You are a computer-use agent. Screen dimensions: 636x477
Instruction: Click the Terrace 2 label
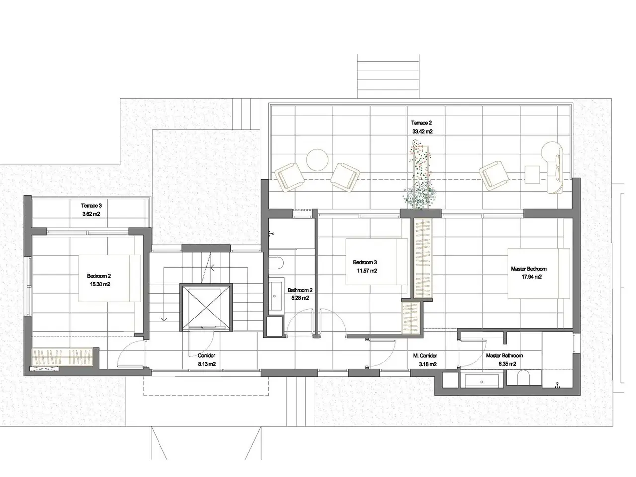[x=421, y=123]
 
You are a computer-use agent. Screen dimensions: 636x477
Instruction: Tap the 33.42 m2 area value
[x=422, y=131]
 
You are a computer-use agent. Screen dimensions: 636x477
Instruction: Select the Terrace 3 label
[x=91, y=206]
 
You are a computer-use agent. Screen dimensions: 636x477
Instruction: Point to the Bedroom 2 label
[x=99, y=276]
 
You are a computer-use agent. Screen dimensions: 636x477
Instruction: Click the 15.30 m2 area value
[x=100, y=284]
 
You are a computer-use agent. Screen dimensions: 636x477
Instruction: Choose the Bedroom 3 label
[x=365, y=262]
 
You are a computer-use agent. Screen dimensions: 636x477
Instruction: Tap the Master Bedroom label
[x=529, y=269]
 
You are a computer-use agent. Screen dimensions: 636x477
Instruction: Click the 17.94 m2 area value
[x=531, y=277]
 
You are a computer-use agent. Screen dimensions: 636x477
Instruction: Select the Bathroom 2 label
[x=300, y=290]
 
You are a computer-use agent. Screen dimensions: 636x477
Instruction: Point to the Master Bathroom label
[x=504, y=355]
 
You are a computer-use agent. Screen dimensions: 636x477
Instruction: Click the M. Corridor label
[x=425, y=355]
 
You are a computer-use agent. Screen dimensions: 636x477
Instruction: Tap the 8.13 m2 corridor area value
[x=207, y=364]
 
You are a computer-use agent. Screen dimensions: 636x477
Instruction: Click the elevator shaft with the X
[x=206, y=307]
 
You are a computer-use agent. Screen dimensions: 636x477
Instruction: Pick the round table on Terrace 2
[x=318, y=160]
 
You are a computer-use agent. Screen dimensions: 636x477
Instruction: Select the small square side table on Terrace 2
[x=532, y=174]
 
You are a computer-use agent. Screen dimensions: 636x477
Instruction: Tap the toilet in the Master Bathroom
[x=523, y=379]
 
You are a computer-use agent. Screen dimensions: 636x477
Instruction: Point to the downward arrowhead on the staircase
[x=164, y=319]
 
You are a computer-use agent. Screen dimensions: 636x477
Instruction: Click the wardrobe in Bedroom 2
[x=62, y=358]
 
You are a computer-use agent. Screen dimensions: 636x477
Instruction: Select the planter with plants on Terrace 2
[x=419, y=174]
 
